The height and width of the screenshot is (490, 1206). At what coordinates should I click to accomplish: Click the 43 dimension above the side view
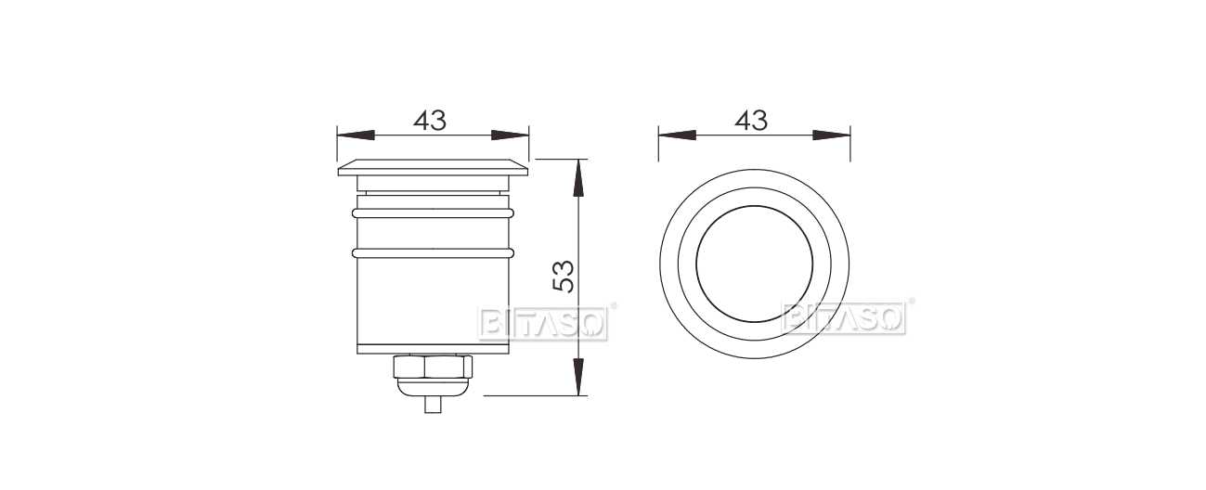coord(430,121)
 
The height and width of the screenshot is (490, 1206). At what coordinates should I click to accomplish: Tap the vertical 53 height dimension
coord(564,277)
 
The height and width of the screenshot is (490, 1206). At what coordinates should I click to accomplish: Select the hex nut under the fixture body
coord(433,367)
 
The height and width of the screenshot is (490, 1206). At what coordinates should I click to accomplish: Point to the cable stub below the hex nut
coord(433,404)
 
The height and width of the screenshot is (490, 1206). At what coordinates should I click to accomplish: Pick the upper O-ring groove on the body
coord(433,213)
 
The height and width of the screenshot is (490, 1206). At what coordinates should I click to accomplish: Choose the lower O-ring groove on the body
coord(433,251)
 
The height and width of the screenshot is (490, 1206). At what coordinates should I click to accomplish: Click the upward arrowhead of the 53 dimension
coord(578,177)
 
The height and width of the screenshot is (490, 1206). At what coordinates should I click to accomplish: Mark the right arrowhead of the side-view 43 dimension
coord(510,135)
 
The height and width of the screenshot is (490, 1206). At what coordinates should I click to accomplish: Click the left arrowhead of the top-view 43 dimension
coord(677,135)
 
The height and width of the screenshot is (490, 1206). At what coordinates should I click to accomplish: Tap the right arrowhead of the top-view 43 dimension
coord(832,135)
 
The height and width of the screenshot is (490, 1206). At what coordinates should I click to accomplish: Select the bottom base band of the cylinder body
coord(433,350)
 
